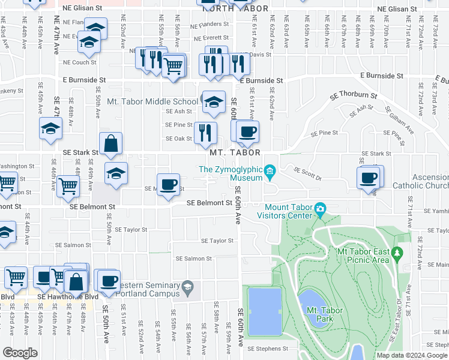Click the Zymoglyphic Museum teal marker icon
pos(270,173)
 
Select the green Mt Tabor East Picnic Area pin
pos(396,256)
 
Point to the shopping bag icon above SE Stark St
pos(111,145)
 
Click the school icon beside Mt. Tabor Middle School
pos(213,103)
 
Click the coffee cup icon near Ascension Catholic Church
pos(368,178)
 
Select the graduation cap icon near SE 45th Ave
pos(51,128)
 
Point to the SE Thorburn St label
pos(354,95)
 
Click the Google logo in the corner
pos(20,353)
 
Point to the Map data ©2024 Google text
pos(412,355)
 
